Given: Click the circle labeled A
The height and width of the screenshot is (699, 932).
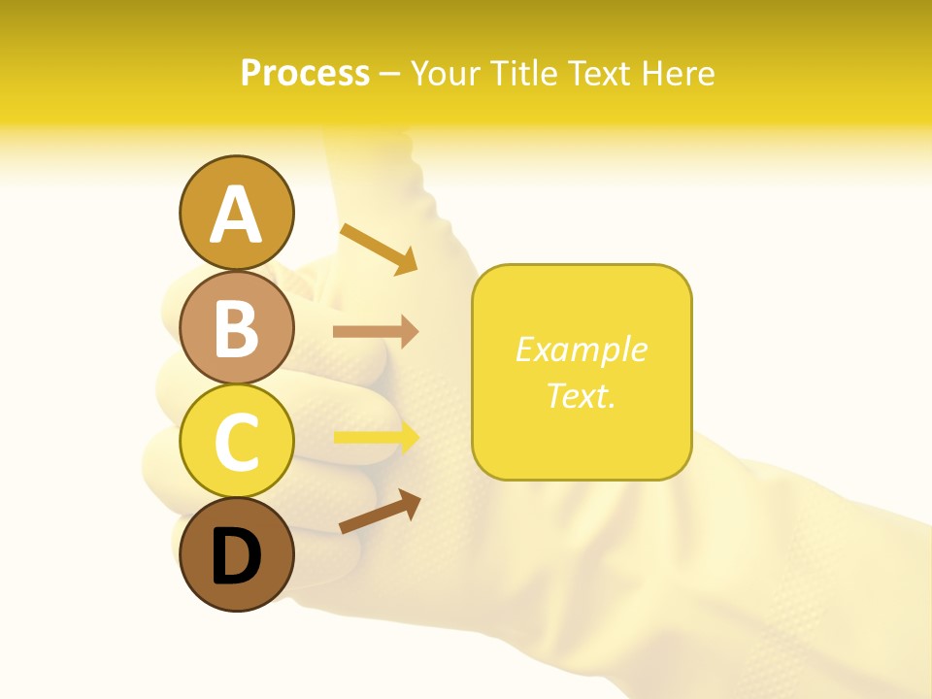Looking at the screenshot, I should [x=237, y=214].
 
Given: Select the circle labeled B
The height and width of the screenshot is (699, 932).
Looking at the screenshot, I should [x=237, y=327].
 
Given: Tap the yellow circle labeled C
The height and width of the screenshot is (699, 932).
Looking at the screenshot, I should [x=237, y=441].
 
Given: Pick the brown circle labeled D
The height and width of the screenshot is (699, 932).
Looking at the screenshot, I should [x=237, y=554].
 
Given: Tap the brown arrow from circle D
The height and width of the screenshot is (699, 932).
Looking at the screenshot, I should [x=380, y=512].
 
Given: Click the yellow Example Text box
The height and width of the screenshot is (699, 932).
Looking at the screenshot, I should [x=582, y=372].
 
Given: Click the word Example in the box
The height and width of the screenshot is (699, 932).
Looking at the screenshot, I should [x=582, y=349].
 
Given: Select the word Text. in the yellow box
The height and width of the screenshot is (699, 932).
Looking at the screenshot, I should [x=582, y=395].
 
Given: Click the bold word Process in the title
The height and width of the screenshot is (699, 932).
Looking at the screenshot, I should [x=305, y=74].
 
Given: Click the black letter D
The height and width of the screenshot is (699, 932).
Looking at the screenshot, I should [x=237, y=556].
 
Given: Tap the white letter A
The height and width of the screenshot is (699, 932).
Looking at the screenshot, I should [x=237, y=216].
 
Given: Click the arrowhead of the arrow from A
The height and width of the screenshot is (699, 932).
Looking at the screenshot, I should [x=408, y=262].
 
